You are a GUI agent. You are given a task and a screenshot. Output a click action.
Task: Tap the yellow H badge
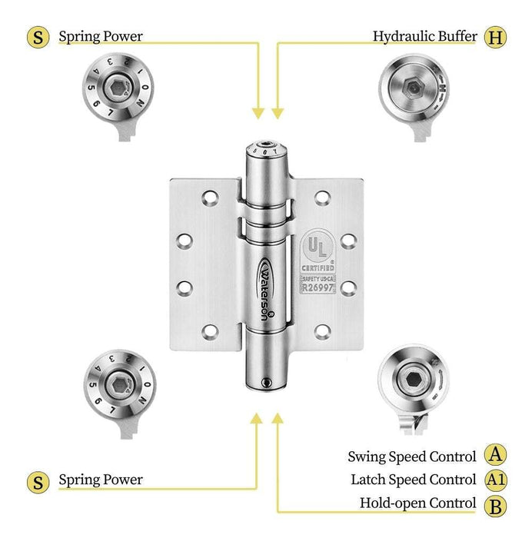[496, 36]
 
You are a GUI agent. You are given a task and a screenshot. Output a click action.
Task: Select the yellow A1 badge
[496, 480]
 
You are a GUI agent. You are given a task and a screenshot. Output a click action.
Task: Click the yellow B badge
[496, 503]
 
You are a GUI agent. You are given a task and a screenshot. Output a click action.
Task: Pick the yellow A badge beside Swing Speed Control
[496, 456]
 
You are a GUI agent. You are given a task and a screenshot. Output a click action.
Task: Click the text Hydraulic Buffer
[425, 36]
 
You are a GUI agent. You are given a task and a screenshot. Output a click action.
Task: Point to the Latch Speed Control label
[414, 480]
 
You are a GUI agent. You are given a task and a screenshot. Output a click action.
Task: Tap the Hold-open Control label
[418, 503]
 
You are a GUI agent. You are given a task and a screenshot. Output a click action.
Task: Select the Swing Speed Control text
[412, 457]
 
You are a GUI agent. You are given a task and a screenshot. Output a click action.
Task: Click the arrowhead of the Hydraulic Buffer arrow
[278, 113]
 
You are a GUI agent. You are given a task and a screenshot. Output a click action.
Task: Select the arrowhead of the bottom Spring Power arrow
[258, 420]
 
